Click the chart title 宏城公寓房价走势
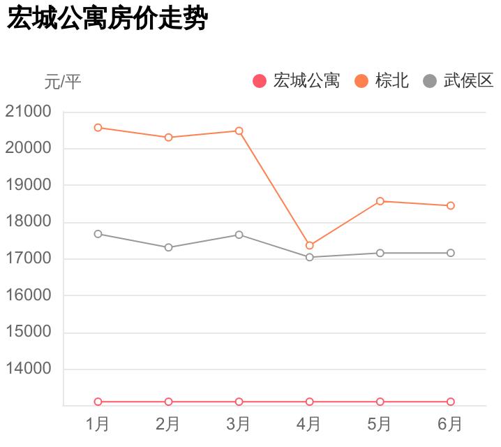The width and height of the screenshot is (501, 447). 107,18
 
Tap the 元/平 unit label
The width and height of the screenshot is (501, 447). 63,82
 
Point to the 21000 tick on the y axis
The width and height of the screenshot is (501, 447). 28,112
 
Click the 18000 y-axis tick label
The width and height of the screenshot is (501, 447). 28,222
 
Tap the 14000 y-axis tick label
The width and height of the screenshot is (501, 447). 28,369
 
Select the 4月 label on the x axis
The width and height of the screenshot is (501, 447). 309,424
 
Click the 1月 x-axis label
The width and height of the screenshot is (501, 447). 98,424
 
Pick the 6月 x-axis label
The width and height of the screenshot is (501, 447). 450,424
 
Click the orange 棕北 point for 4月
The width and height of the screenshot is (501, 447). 309,246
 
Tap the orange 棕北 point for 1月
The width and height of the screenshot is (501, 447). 98,128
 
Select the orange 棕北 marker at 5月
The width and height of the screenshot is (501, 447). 380,201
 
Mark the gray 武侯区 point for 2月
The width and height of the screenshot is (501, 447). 168,247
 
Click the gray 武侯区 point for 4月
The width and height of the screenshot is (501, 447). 309,257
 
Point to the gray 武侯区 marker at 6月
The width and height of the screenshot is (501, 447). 450,253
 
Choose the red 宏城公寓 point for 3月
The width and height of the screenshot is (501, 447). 239,402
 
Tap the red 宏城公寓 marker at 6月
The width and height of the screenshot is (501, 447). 450,402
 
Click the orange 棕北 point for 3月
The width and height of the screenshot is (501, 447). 239,131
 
